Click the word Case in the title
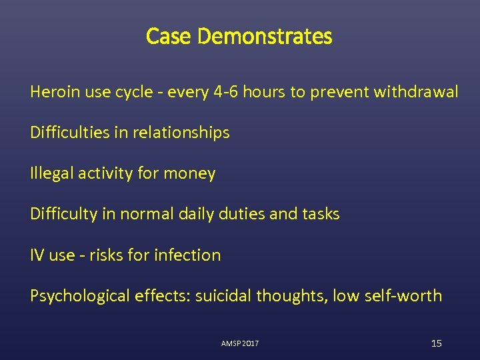point(163,36)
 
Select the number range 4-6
point(221,92)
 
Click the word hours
point(264,92)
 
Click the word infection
point(187,255)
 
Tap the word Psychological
point(75,295)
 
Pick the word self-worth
point(405,295)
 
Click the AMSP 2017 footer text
point(240,343)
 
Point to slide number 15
point(437,343)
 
